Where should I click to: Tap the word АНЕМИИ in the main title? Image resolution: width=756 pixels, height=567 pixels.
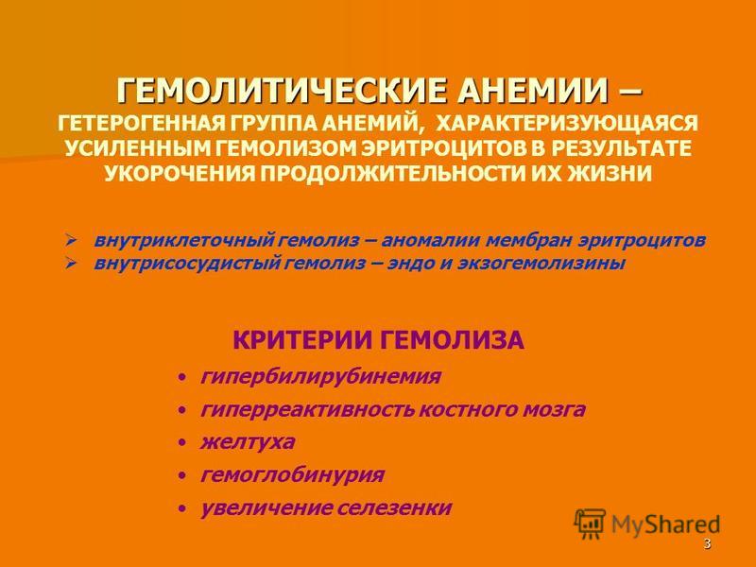[x=533, y=91]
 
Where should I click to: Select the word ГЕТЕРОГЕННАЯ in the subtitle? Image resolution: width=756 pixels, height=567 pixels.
[x=141, y=124]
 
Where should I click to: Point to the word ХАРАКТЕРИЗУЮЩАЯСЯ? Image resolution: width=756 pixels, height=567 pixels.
[x=567, y=124]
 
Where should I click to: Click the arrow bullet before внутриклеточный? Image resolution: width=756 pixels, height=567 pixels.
[x=71, y=240]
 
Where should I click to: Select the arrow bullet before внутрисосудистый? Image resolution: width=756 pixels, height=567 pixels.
[x=71, y=264]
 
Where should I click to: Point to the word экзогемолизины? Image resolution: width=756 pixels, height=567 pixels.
[x=541, y=264]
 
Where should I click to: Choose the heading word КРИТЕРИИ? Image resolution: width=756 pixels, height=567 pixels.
[x=301, y=340]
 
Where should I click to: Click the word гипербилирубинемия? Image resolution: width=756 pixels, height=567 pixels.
[x=320, y=376]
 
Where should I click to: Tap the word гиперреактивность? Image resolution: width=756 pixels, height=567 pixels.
[x=307, y=410]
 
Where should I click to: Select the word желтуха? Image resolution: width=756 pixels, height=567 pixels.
[x=248, y=442]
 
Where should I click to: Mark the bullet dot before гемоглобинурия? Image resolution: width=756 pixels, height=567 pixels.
[x=181, y=476]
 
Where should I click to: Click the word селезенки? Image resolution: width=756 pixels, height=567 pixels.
[x=394, y=507]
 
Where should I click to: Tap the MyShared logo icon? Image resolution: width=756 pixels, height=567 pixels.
[x=590, y=524]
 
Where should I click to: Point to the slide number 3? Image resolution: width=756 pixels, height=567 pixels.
[x=707, y=544]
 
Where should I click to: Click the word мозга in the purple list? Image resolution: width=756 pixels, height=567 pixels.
[x=554, y=410]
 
